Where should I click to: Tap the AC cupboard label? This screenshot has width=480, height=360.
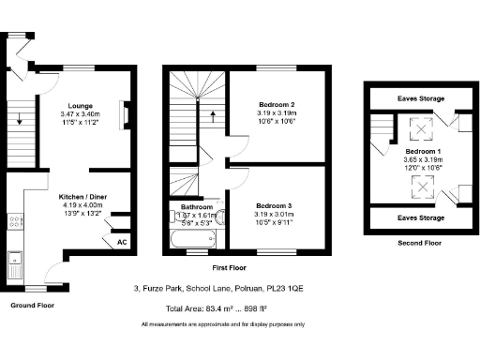point(122,242)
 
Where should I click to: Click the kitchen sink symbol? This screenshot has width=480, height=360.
point(14,262)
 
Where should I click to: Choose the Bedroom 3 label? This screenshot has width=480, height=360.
point(277,202)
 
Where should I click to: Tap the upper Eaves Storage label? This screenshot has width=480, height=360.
point(420,97)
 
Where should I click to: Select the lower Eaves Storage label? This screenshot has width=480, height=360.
point(420,217)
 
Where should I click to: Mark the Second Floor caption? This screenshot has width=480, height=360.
point(419,242)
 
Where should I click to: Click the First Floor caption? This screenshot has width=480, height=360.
point(244,267)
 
